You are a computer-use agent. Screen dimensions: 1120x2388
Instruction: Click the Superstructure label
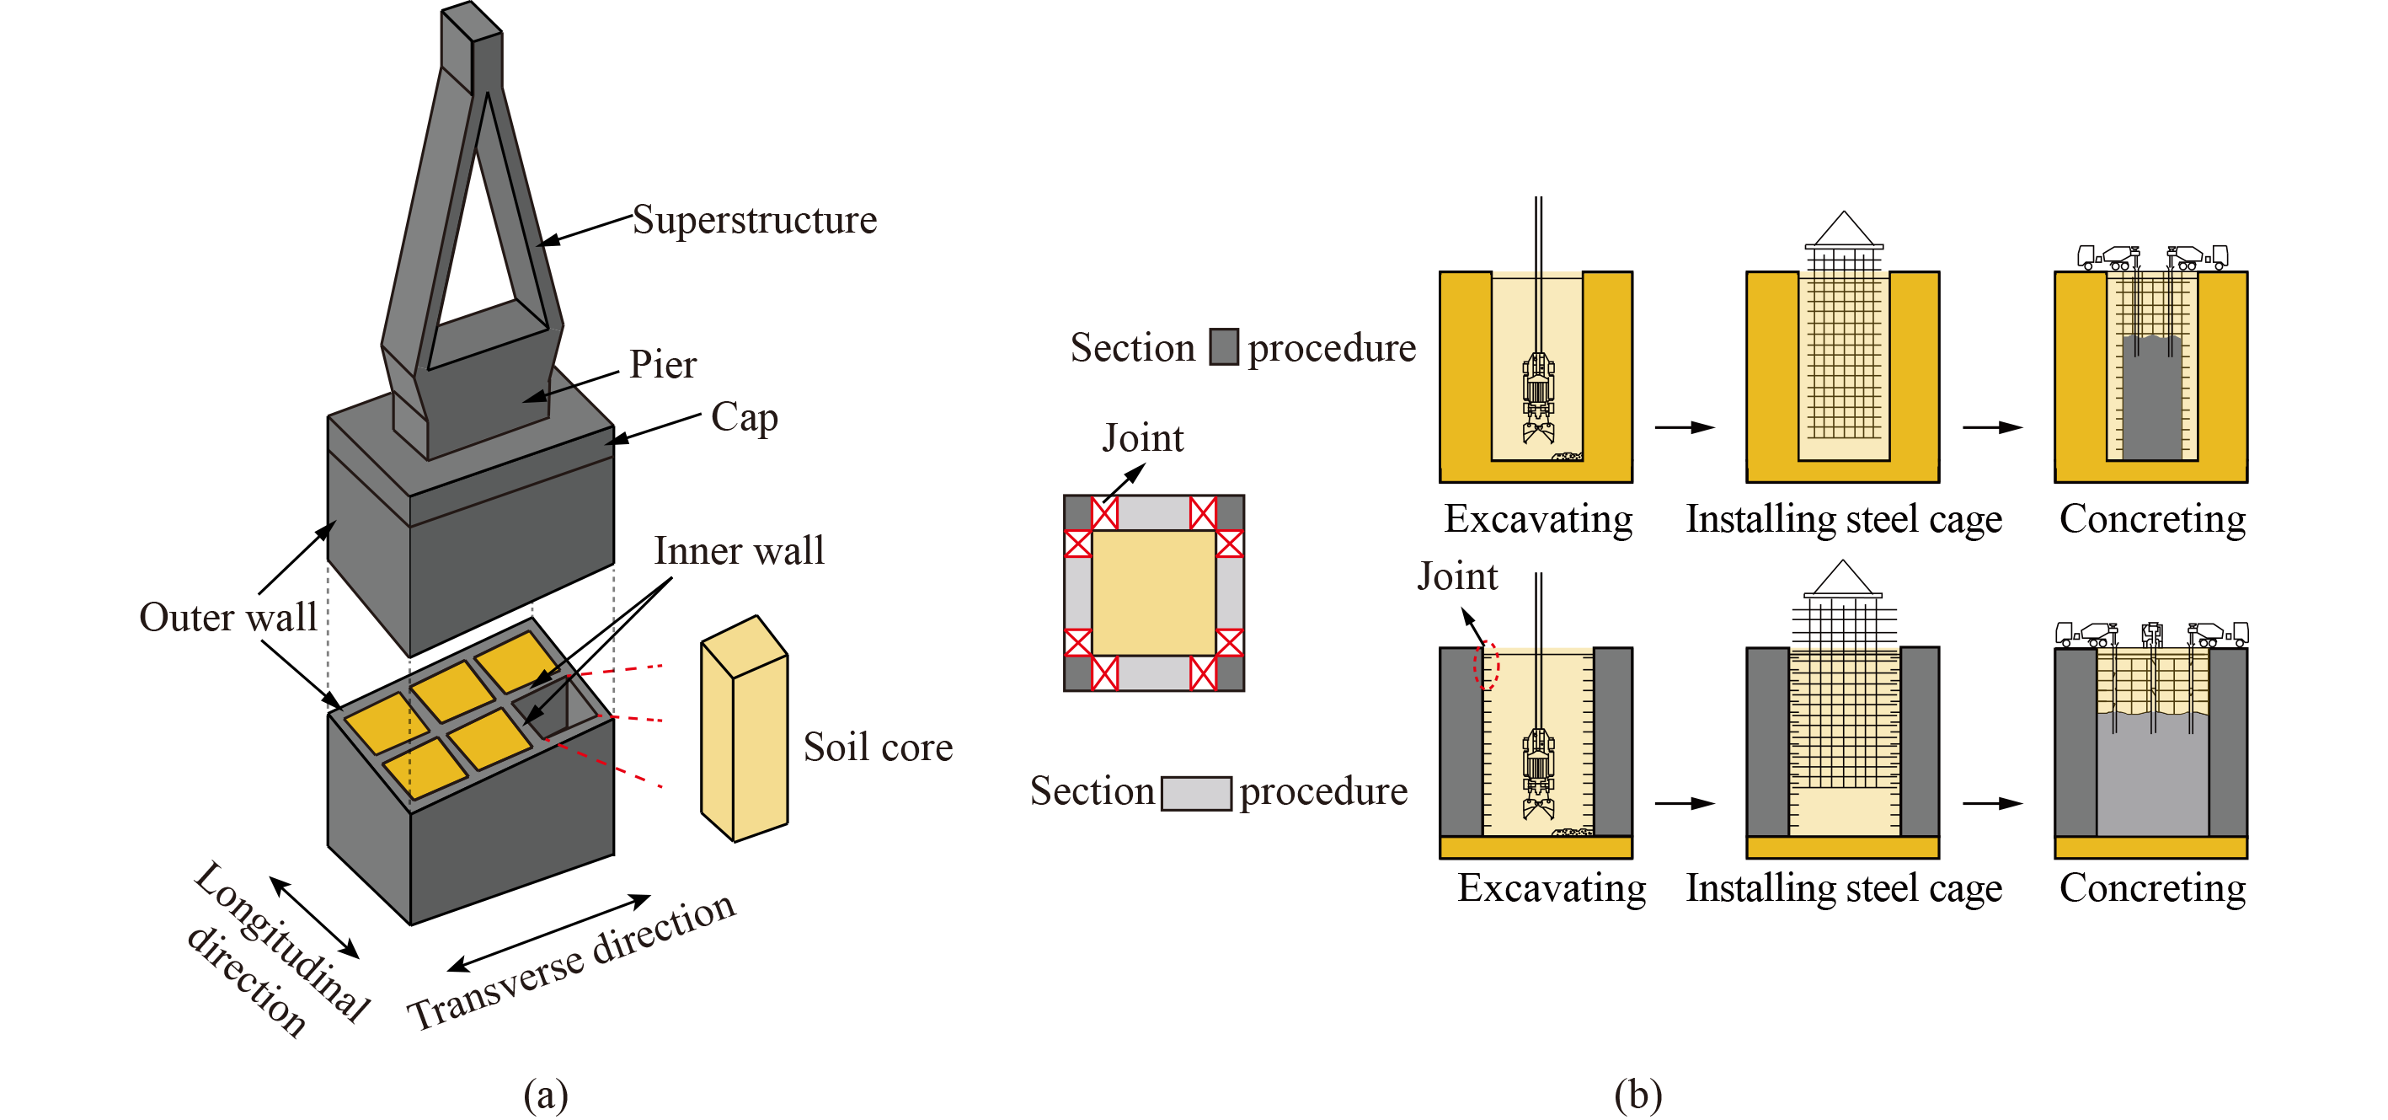[x=754, y=221]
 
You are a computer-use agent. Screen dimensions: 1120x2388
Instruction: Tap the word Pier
[x=662, y=364]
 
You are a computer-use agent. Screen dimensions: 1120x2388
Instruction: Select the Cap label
[x=744, y=417]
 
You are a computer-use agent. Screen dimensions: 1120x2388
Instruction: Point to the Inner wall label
[x=738, y=550]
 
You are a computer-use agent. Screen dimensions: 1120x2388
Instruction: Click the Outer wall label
[x=228, y=618]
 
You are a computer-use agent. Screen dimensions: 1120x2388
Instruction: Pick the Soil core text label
[x=877, y=748]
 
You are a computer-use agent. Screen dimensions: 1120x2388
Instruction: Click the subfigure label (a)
[x=545, y=1094]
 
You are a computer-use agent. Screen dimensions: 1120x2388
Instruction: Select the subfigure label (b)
[x=1637, y=1094]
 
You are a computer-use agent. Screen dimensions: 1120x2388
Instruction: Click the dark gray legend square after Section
[x=1223, y=346]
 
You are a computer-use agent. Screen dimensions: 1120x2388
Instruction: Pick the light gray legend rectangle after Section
[x=1196, y=793]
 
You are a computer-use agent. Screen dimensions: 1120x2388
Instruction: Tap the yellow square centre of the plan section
[x=1153, y=592]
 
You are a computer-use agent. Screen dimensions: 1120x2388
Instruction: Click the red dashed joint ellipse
[x=1486, y=665]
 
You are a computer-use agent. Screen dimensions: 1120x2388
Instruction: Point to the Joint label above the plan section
[x=1142, y=438]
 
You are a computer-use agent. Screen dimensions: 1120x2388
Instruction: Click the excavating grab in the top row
[x=1538, y=399]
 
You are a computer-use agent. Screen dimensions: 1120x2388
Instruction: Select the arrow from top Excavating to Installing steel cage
[x=1685, y=427]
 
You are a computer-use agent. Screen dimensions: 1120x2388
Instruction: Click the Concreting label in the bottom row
[x=2151, y=888]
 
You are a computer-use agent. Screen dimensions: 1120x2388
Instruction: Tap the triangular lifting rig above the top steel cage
[x=1843, y=229]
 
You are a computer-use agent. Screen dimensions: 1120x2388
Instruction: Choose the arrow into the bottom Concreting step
[x=1992, y=803]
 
